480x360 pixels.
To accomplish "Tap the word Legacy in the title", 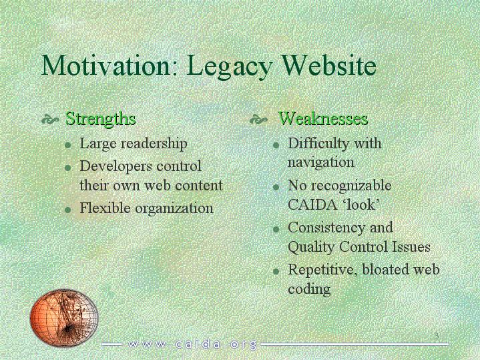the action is (229, 67).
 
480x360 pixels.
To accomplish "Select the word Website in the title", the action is (328, 65).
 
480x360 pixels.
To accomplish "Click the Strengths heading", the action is (100, 119).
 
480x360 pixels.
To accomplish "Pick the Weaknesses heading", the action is (323, 119).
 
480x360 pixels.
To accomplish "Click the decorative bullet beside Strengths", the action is (50, 119).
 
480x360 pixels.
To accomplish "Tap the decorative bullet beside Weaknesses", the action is (258, 119).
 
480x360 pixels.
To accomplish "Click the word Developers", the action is (116, 167).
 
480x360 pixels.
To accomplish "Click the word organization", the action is (174, 209).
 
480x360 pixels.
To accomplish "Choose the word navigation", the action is (321, 162).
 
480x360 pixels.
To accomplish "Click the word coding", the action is (309, 289).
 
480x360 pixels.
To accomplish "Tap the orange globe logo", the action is (64, 317).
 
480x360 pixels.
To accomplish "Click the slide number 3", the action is (437, 336).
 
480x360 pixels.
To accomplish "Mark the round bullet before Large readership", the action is (68, 145).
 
